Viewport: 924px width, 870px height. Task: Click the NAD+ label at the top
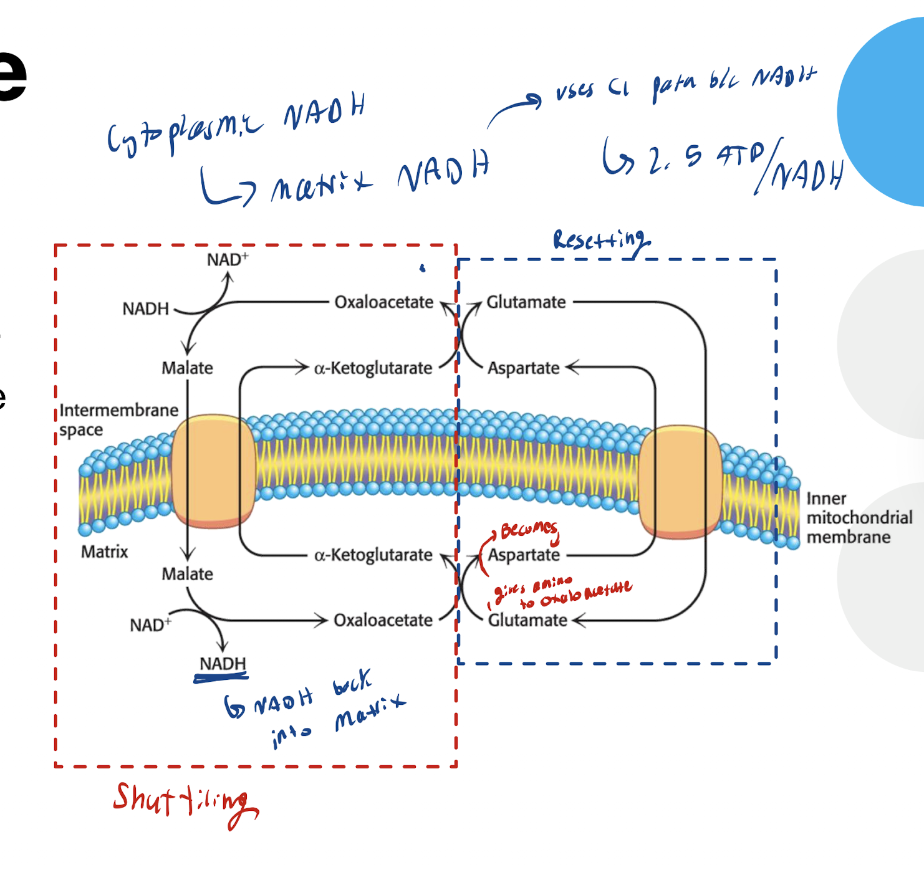coord(227,259)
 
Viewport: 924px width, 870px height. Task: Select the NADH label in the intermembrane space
coord(145,308)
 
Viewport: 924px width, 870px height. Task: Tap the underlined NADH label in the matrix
coord(223,664)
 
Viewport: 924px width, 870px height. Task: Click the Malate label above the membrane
coord(187,368)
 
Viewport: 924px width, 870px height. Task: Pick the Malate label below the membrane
coord(187,573)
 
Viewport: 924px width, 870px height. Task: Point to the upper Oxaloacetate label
coord(383,302)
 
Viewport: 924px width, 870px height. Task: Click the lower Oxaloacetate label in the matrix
coord(383,620)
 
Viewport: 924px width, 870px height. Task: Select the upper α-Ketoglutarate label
coord(373,368)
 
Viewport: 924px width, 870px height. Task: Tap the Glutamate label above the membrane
coord(526,302)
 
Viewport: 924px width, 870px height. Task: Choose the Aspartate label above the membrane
coord(523,368)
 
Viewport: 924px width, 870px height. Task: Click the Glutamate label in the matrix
coord(527,620)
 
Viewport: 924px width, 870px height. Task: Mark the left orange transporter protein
coord(213,471)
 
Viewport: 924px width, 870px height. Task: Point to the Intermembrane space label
coord(118,419)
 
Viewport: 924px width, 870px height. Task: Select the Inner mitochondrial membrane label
coord(859,517)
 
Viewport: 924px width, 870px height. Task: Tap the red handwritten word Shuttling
coord(184,801)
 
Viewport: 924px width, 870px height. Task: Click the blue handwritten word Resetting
coord(601,241)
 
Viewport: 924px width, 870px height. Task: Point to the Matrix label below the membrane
coord(104,552)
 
